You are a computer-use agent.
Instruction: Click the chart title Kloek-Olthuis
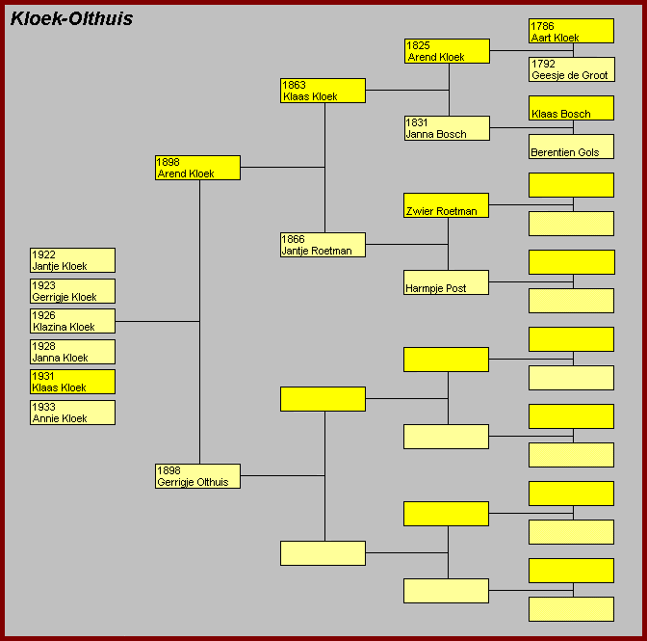pyautogui.click(x=71, y=19)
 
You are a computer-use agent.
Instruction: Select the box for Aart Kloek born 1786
pyautogui.click(x=571, y=31)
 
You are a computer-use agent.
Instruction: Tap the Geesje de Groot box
pyautogui.click(x=571, y=69)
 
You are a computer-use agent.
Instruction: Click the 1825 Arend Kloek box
pyautogui.click(x=446, y=51)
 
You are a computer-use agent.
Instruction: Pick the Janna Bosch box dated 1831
pyautogui.click(x=446, y=128)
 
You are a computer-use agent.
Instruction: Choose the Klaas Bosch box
pyautogui.click(x=571, y=108)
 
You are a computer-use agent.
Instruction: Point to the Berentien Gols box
pyautogui.click(x=571, y=147)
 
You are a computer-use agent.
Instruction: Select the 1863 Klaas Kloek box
pyautogui.click(x=323, y=91)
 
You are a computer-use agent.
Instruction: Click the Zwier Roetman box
pyautogui.click(x=446, y=205)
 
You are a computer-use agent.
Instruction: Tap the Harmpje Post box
pyautogui.click(x=446, y=282)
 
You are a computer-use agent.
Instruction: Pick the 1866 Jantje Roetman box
pyautogui.click(x=323, y=245)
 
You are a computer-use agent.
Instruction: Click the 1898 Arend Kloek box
pyautogui.click(x=197, y=168)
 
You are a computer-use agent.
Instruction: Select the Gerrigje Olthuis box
pyautogui.click(x=197, y=476)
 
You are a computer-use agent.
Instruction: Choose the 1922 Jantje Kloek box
pyautogui.click(x=72, y=260)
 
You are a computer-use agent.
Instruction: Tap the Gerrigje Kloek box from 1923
pyautogui.click(x=72, y=291)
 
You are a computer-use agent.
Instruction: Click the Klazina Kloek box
pyautogui.click(x=72, y=321)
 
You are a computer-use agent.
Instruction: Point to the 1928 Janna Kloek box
pyautogui.click(x=72, y=352)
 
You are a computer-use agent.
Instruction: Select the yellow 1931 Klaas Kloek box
pyautogui.click(x=72, y=382)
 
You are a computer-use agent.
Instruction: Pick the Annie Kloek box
pyautogui.click(x=72, y=413)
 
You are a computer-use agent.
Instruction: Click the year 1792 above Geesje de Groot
pyautogui.click(x=543, y=65)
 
